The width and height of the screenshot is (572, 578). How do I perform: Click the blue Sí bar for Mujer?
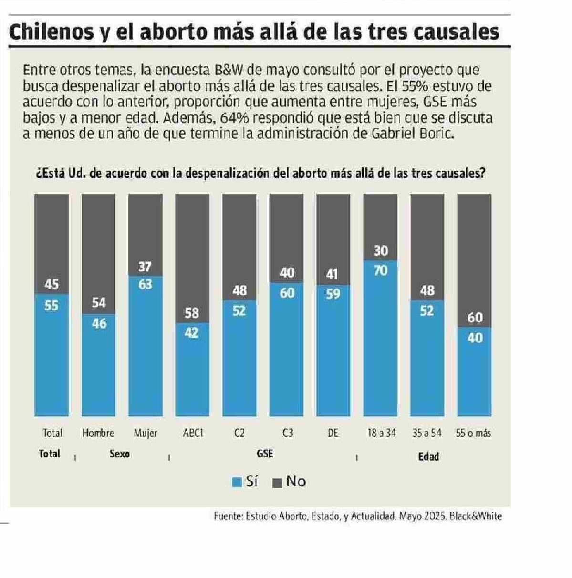[x=145, y=353]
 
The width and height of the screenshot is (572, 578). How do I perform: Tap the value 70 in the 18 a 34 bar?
[x=380, y=271]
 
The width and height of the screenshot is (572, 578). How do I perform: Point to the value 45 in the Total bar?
[x=52, y=285]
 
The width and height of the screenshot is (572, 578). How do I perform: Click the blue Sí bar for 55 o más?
[x=474, y=377]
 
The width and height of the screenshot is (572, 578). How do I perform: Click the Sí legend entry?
[x=245, y=482]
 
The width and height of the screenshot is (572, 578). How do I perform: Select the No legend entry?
[x=290, y=482]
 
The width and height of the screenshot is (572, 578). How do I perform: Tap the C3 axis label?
[x=287, y=433]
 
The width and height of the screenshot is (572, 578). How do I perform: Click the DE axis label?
[x=333, y=433]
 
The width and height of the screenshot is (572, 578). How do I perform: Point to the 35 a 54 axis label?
[x=427, y=433]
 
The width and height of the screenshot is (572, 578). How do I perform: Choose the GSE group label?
[x=265, y=454]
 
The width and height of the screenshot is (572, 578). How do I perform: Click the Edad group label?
[x=428, y=456]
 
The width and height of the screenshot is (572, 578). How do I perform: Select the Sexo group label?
[x=119, y=454]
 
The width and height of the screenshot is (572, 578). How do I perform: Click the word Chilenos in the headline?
[x=52, y=31]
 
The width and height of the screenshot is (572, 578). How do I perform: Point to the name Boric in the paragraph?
[x=435, y=133]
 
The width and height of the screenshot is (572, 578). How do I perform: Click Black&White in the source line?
[x=476, y=516]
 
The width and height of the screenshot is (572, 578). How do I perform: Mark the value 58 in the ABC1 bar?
[x=192, y=313]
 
